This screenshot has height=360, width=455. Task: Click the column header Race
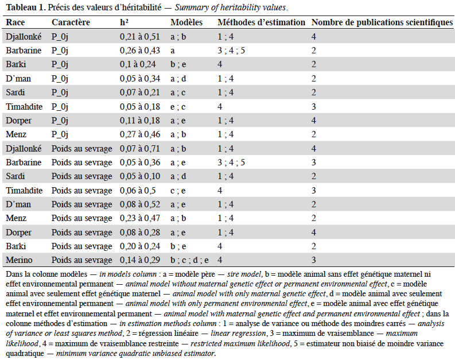point(15,22)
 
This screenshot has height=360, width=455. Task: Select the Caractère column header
point(71,22)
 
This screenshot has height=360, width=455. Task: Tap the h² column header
point(124,22)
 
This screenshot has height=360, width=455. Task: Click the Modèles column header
point(186,22)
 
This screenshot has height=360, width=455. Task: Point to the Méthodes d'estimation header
point(262,22)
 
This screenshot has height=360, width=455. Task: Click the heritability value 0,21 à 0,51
point(140,37)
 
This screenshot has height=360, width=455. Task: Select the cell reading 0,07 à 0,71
point(140,149)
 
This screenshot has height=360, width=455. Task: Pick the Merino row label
point(19,260)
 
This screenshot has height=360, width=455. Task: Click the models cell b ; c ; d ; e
point(189,260)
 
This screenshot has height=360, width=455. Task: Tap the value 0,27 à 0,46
point(140,134)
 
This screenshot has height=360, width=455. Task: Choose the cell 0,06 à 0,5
point(138,191)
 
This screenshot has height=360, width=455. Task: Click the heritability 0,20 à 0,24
point(140,246)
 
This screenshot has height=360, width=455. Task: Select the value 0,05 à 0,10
point(140,176)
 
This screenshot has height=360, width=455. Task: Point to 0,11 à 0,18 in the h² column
point(140,121)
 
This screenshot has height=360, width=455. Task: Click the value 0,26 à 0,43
point(140,51)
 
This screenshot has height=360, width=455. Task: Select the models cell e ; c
point(178,107)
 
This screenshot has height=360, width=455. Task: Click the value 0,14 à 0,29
point(140,260)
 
